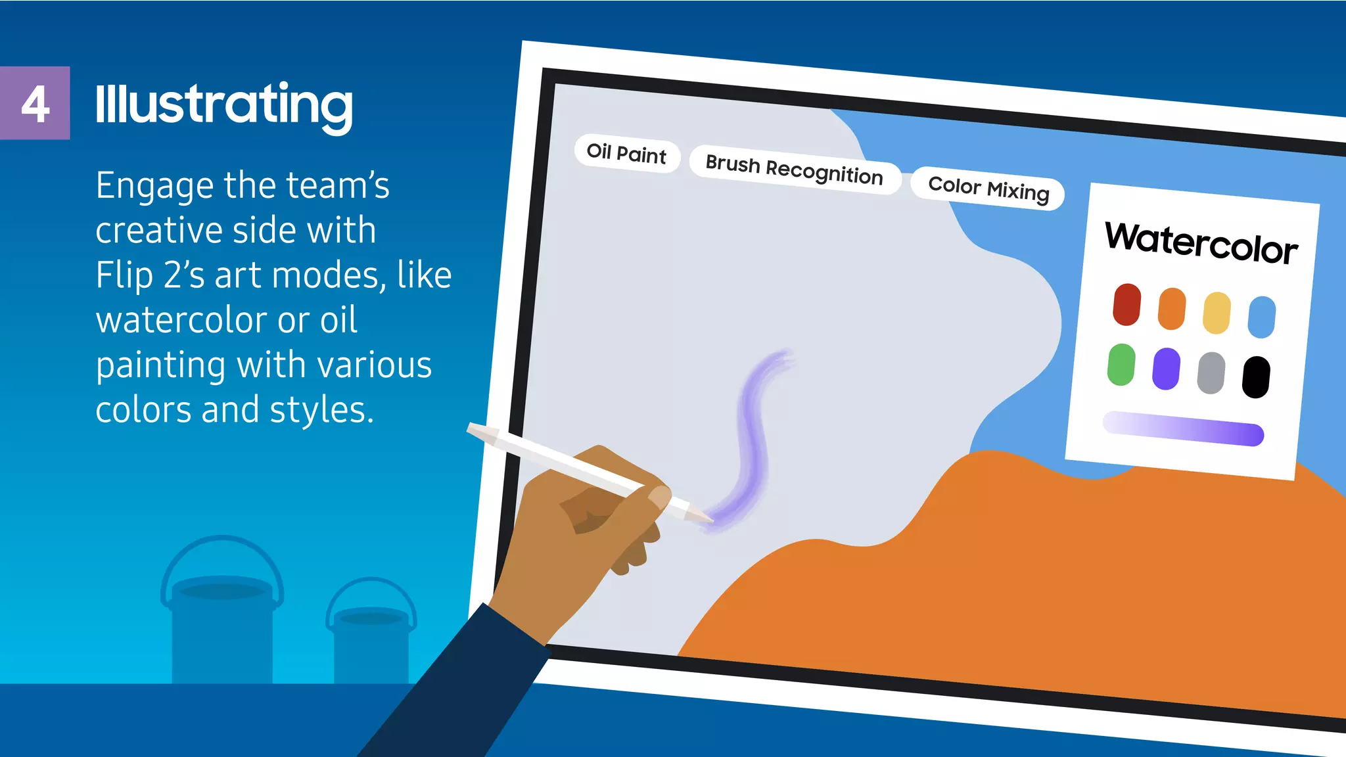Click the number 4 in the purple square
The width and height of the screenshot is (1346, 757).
[35, 104]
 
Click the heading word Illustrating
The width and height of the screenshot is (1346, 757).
[223, 105]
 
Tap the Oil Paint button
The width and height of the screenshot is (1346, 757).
[626, 154]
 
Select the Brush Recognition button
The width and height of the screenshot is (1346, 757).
[794, 170]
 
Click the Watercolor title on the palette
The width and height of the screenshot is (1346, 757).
[1201, 244]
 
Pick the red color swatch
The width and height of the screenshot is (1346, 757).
[1126, 304]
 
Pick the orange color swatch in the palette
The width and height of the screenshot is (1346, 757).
[1172, 308]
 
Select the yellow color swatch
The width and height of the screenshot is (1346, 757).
[1217, 313]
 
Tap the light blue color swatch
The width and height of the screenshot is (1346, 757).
[1262, 317]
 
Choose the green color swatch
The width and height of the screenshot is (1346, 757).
[1121, 364]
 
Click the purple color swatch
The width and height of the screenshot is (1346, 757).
[1166, 369]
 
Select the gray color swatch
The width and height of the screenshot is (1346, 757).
[1211, 373]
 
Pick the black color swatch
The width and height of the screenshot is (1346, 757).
[1256, 377]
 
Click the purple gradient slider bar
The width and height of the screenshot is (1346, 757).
[1183, 428]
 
